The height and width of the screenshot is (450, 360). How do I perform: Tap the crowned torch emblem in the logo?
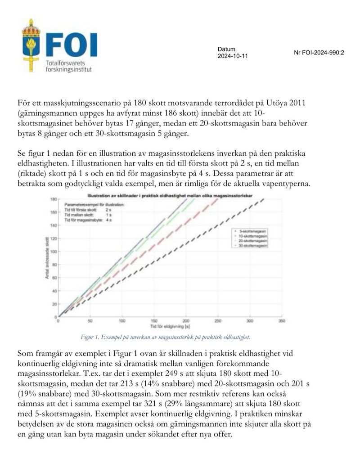tap(31, 45)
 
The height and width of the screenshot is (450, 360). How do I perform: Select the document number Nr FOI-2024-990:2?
tap(319, 52)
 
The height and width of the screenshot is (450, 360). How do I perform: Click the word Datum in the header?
tap(226, 49)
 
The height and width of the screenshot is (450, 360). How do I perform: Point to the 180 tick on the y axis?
tap(53, 198)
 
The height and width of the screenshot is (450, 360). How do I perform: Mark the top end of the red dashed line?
tap(217, 199)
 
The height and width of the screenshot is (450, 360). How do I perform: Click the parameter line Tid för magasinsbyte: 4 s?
tap(89, 220)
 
